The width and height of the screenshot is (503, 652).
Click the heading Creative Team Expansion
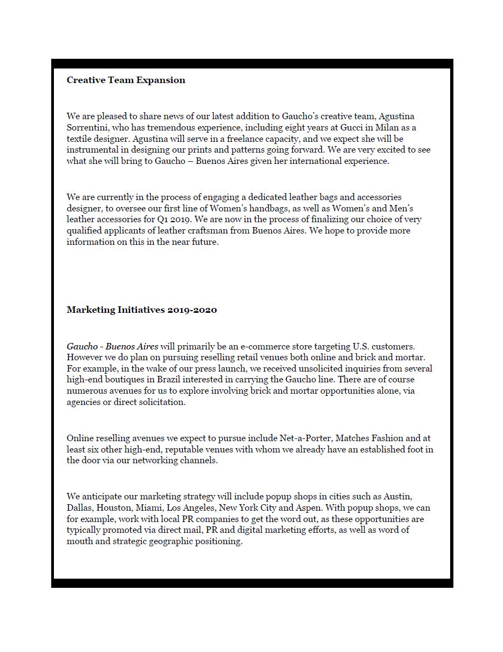pyautogui.click(x=126, y=80)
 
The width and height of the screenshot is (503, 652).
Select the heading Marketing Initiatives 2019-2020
pyautogui.click(x=142, y=310)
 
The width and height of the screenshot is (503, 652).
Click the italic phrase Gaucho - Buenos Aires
pyautogui.click(x=112, y=346)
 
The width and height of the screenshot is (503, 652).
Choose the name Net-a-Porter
pyautogui.click(x=303, y=438)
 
